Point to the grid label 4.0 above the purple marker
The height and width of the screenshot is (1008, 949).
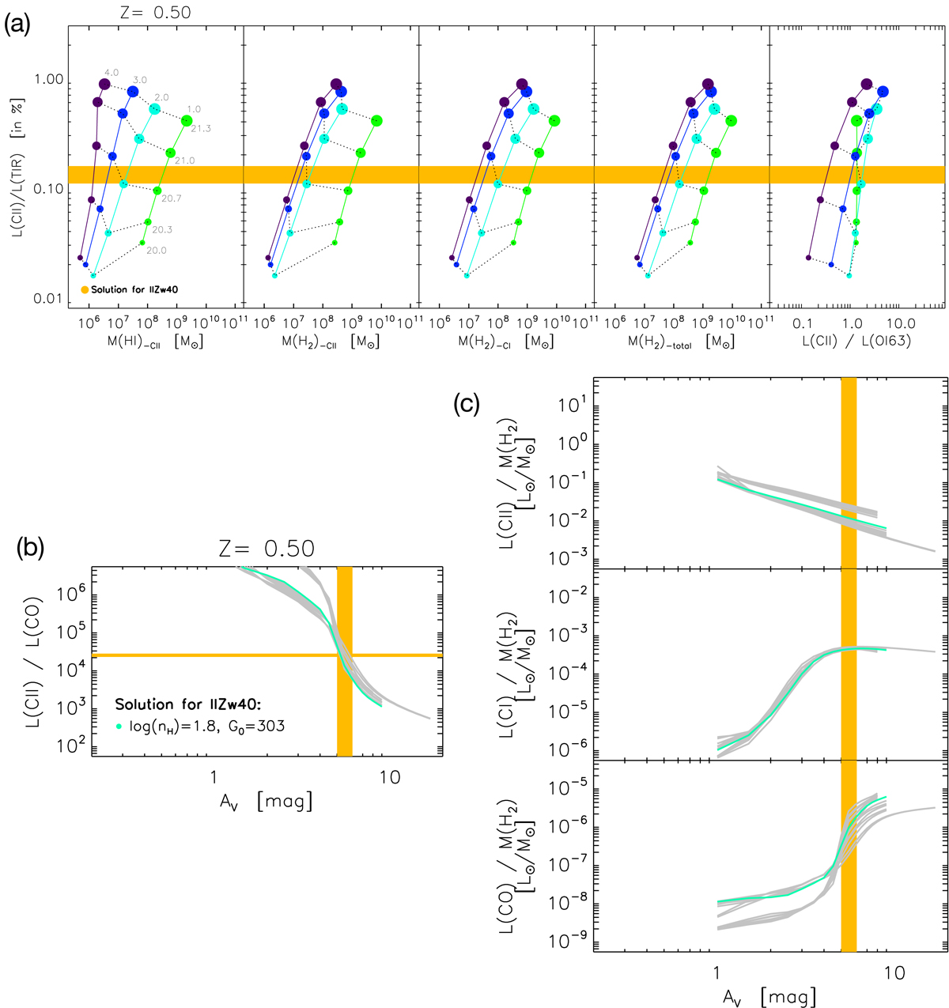[x=112, y=73]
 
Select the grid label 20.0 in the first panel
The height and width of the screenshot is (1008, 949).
[x=155, y=251]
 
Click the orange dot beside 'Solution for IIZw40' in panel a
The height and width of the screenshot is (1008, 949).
[x=85, y=290]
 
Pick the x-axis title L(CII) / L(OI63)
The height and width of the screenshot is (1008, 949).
[x=858, y=342]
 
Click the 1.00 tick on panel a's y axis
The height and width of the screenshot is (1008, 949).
[x=48, y=81]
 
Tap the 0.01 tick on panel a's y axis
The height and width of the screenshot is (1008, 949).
[x=48, y=299]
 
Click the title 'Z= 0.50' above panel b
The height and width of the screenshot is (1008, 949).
[x=268, y=549]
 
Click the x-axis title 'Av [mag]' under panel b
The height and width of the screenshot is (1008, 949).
[x=267, y=802]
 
